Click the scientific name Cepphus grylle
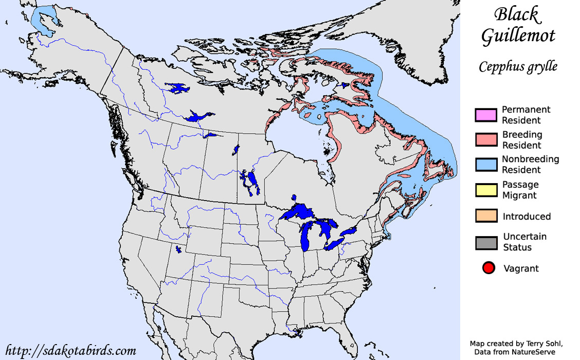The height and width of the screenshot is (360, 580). coord(518,67)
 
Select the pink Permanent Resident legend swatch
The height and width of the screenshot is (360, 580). coord(486,115)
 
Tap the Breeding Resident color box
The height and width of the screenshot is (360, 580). coord(486,140)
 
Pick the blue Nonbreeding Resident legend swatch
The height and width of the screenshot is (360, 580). coord(486,165)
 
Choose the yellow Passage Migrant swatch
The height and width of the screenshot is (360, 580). coord(486,190)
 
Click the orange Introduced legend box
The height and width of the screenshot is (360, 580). coord(486,216)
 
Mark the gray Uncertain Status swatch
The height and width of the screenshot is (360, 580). coord(486,242)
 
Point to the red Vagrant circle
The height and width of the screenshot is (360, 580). coord(488,268)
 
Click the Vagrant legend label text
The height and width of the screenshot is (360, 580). coord(521,268)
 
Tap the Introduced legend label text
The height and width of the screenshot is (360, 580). coord(527,217)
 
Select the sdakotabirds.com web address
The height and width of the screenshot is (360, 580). coord(71,351)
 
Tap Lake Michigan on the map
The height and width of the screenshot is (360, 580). coord(306,237)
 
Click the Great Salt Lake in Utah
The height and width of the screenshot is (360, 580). coord(178,249)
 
